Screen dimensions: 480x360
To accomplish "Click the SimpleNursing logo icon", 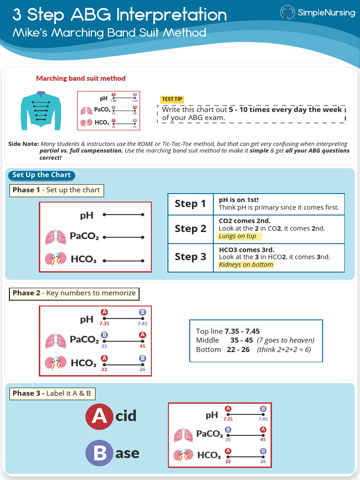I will [287, 13].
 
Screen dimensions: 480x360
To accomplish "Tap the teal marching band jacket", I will [41, 111].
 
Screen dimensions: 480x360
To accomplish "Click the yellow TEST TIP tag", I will [172, 99].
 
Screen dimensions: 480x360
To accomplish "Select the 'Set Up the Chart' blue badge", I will [42, 175].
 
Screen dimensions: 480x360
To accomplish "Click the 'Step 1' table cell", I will [190, 204].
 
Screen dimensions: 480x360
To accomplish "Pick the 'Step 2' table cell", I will [190, 229].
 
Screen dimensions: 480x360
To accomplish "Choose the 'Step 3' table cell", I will [190, 257].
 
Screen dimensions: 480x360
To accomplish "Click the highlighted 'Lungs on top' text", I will [238, 237].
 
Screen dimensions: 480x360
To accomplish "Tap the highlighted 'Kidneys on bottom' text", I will [246, 265].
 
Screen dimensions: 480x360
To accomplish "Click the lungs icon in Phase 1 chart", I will [56, 237].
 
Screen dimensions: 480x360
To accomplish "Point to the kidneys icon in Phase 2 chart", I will [56, 363].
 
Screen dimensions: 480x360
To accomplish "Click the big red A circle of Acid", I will [99, 416].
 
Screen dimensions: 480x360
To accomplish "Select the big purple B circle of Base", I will [99, 453].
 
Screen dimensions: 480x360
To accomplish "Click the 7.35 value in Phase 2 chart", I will [104, 323].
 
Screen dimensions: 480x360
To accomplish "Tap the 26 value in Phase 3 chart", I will [263, 462].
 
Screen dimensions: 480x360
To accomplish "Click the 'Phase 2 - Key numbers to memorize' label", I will [74, 293].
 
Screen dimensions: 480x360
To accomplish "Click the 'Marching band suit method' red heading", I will [81, 79].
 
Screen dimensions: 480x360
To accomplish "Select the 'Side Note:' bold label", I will [23, 144].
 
